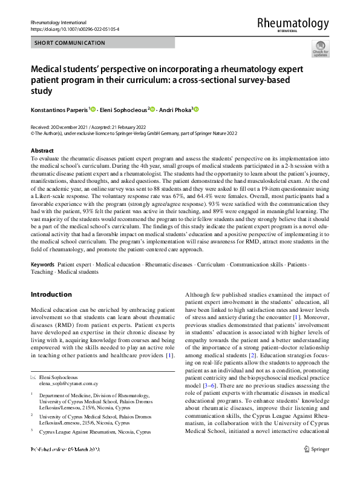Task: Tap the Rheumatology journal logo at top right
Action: (293, 24)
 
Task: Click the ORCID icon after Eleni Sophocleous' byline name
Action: (153, 109)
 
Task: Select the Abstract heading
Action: (42, 150)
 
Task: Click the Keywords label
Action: (42, 265)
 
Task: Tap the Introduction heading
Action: (51, 294)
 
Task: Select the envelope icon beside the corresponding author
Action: (34, 377)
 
